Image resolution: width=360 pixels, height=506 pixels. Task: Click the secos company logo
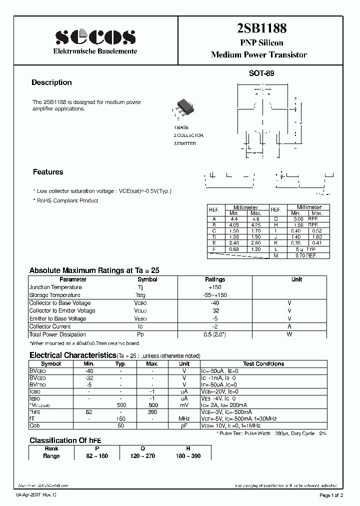pyautogui.click(x=95, y=36)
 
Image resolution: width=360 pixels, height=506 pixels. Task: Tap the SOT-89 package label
pyautogui.click(x=261, y=73)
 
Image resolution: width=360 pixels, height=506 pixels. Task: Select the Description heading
pyautogui.click(x=51, y=82)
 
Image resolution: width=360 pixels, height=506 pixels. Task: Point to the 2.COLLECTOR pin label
pyautogui.click(x=188, y=135)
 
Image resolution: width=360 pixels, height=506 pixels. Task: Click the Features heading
pyautogui.click(x=48, y=172)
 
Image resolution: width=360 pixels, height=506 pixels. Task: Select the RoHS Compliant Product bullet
pyautogui.click(x=65, y=200)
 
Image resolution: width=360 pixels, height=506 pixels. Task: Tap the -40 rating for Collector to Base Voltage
pyautogui.click(x=215, y=303)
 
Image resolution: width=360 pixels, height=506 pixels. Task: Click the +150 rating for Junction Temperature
pyautogui.click(x=215, y=287)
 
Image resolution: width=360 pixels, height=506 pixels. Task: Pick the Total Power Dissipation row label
pyautogui.click(x=57, y=334)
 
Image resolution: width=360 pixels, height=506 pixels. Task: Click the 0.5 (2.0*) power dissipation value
pyautogui.click(x=215, y=334)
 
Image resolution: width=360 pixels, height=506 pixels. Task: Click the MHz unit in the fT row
pyautogui.click(x=184, y=418)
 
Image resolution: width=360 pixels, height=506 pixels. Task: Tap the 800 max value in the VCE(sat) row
pyautogui.click(x=152, y=405)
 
